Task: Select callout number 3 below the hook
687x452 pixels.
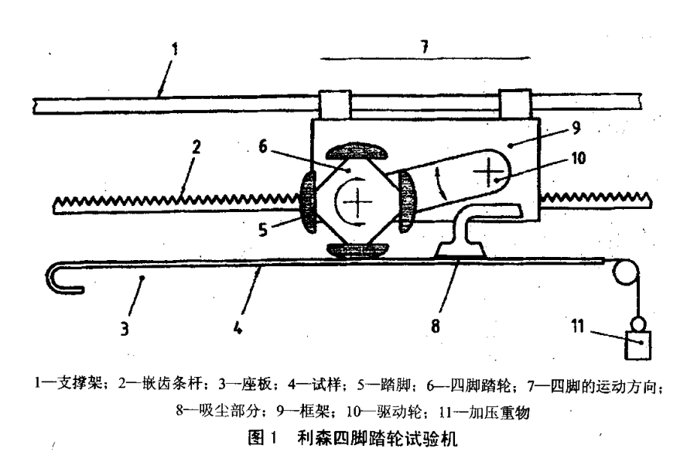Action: point(125,328)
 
